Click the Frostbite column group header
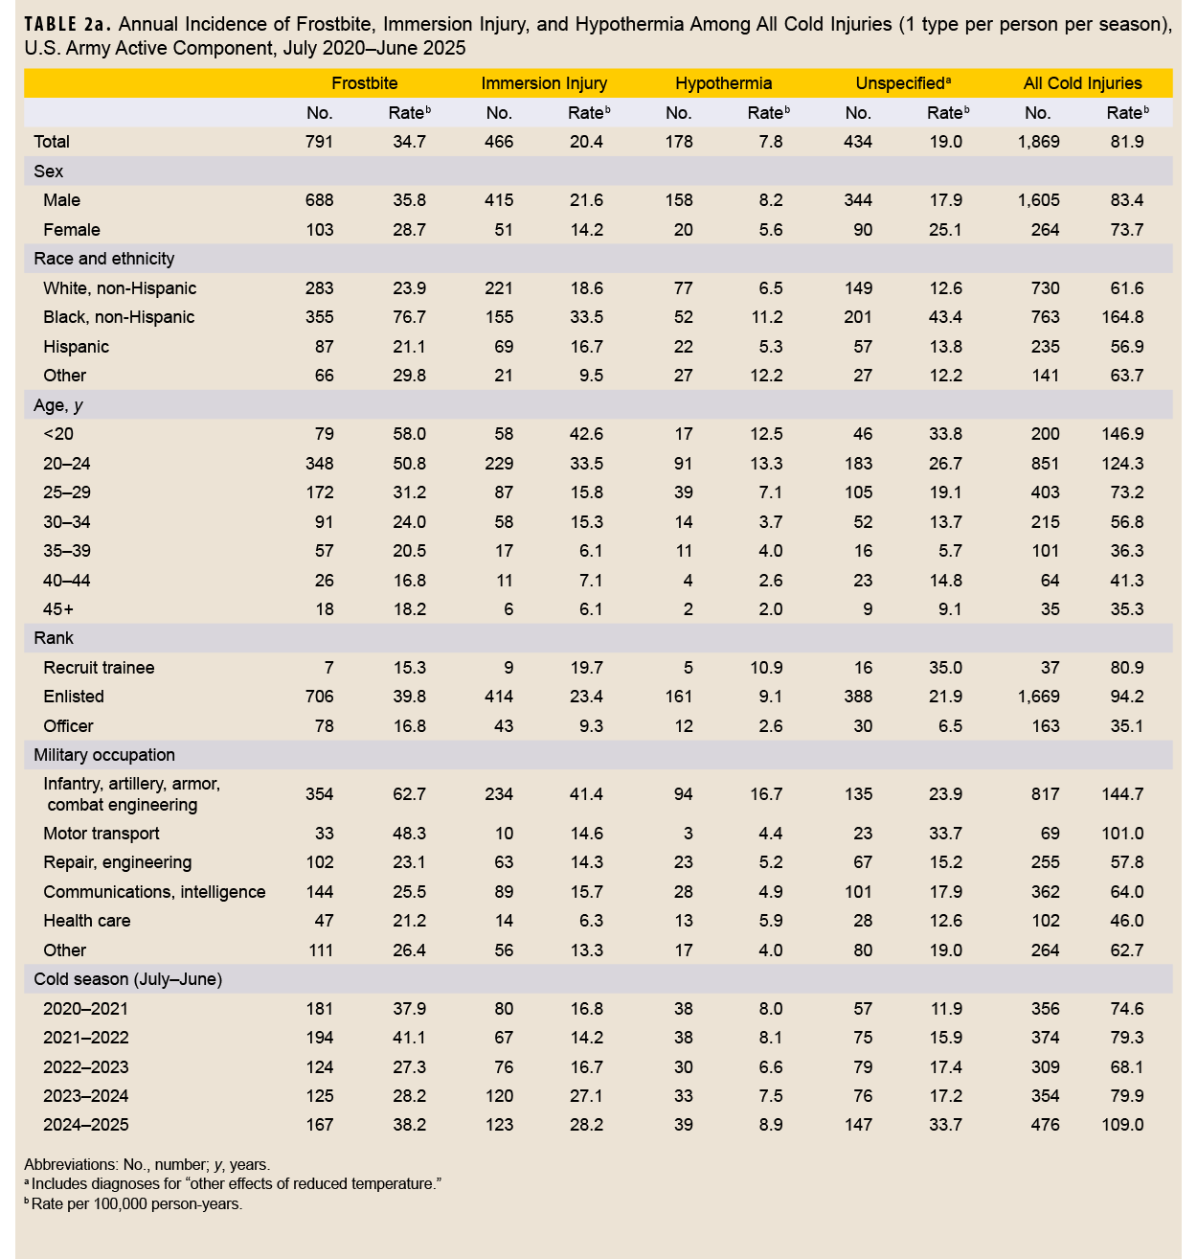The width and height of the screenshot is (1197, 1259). (364, 83)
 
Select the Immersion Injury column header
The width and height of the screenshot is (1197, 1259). (544, 83)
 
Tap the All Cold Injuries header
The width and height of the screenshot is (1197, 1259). (1082, 83)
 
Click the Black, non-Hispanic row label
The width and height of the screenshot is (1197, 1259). (119, 317)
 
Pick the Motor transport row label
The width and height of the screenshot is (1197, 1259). (102, 834)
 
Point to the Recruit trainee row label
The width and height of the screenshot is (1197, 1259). (99, 668)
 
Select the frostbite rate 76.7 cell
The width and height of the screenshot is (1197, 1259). (409, 317)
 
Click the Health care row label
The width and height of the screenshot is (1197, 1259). (87, 921)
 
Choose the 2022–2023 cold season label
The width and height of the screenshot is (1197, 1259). (86, 1067)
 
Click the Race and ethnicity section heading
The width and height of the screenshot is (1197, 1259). (104, 259)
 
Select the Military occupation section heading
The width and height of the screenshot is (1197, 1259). (104, 755)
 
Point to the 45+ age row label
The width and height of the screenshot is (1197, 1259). (59, 609)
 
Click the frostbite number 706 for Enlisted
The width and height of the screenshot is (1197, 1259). (319, 697)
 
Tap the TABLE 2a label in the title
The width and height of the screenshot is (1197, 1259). (63, 24)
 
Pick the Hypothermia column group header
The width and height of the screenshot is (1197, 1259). (723, 83)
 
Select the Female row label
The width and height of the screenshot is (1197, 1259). (72, 230)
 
